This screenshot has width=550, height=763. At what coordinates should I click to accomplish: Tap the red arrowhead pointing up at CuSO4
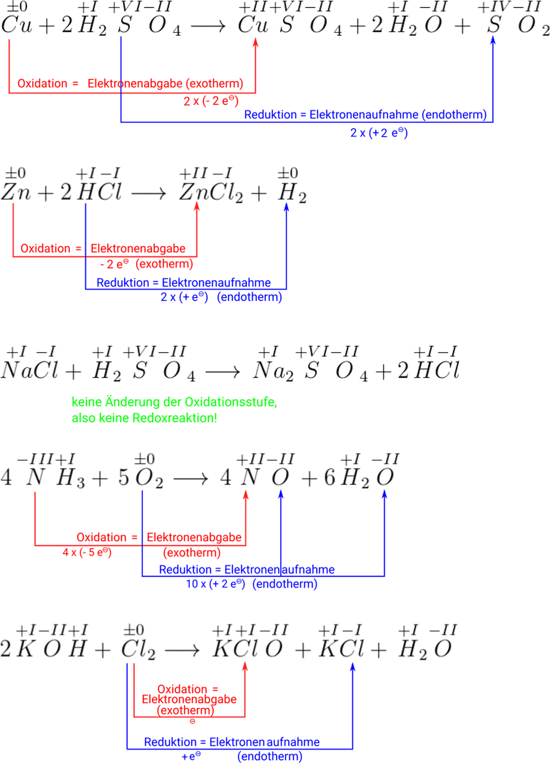point(255,43)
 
